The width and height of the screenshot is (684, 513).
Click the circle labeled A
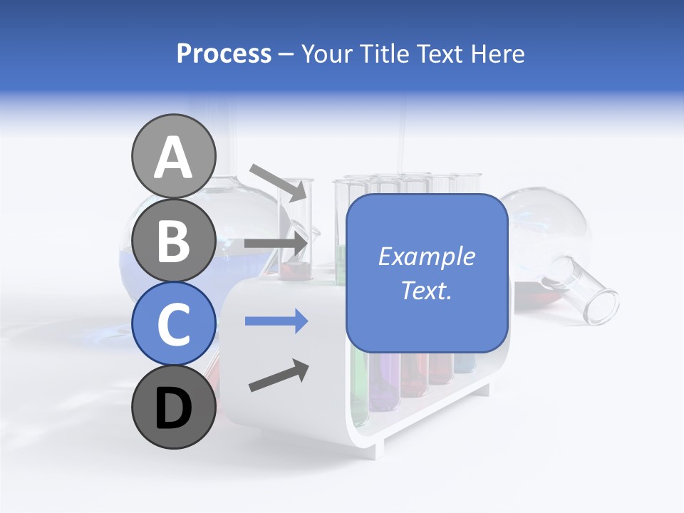pyautogui.click(x=173, y=157)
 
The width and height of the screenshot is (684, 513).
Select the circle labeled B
pyautogui.click(x=173, y=240)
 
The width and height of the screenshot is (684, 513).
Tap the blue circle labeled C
pyautogui.click(x=173, y=323)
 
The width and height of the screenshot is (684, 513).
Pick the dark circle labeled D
pyautogui.click(x=173, y=407)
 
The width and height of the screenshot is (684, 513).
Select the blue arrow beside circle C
pyautogui.click(x=276, y=321)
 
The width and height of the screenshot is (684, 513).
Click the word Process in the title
pyautogui.click(x=224, y=53)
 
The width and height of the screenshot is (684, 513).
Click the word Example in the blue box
pyautogui.click(x=426, y=256)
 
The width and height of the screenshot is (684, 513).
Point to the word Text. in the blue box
pyautogui.click(x=426, y=290)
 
